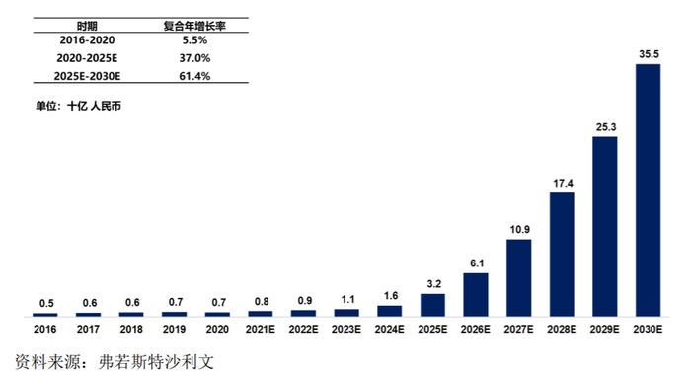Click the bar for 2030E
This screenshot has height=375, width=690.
pyautogui.click(x=648, y=190)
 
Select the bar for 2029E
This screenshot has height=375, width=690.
pyautogui.click(x=604, y=226)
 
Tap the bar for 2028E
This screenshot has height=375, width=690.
pyautogui.click(x=562, y=254)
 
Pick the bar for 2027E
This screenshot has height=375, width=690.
pyautogui.click(x=518, y=277)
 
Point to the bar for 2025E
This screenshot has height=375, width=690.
pyautogui.click(x=432, y=304)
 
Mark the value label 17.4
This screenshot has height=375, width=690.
pyautogui.click(x=562, y=183)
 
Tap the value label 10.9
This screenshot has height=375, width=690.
pyautogui.click(x=518, y=229)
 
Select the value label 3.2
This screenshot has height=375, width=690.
pyautogui.click(x=432, y=283)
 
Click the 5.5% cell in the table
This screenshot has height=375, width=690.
pyautogui.click(x=194, y=40)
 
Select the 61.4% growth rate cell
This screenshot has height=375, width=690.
pyautogui.click(x=194, y=76)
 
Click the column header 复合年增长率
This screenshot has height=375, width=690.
pyautogui.click(x=194, y=24)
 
